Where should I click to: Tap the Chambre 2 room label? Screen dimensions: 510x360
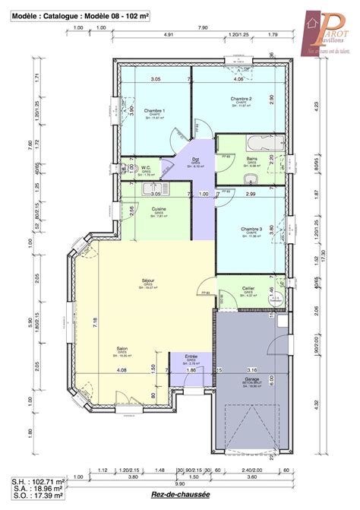click(241, 99)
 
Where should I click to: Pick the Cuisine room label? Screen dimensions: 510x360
click(159, 208)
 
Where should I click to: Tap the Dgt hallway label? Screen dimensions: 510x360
click(195, 159)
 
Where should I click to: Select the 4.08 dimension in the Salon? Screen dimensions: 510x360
click(122, 370)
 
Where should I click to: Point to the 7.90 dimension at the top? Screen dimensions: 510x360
click(204, 28)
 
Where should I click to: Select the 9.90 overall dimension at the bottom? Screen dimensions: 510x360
click(179, 483)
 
